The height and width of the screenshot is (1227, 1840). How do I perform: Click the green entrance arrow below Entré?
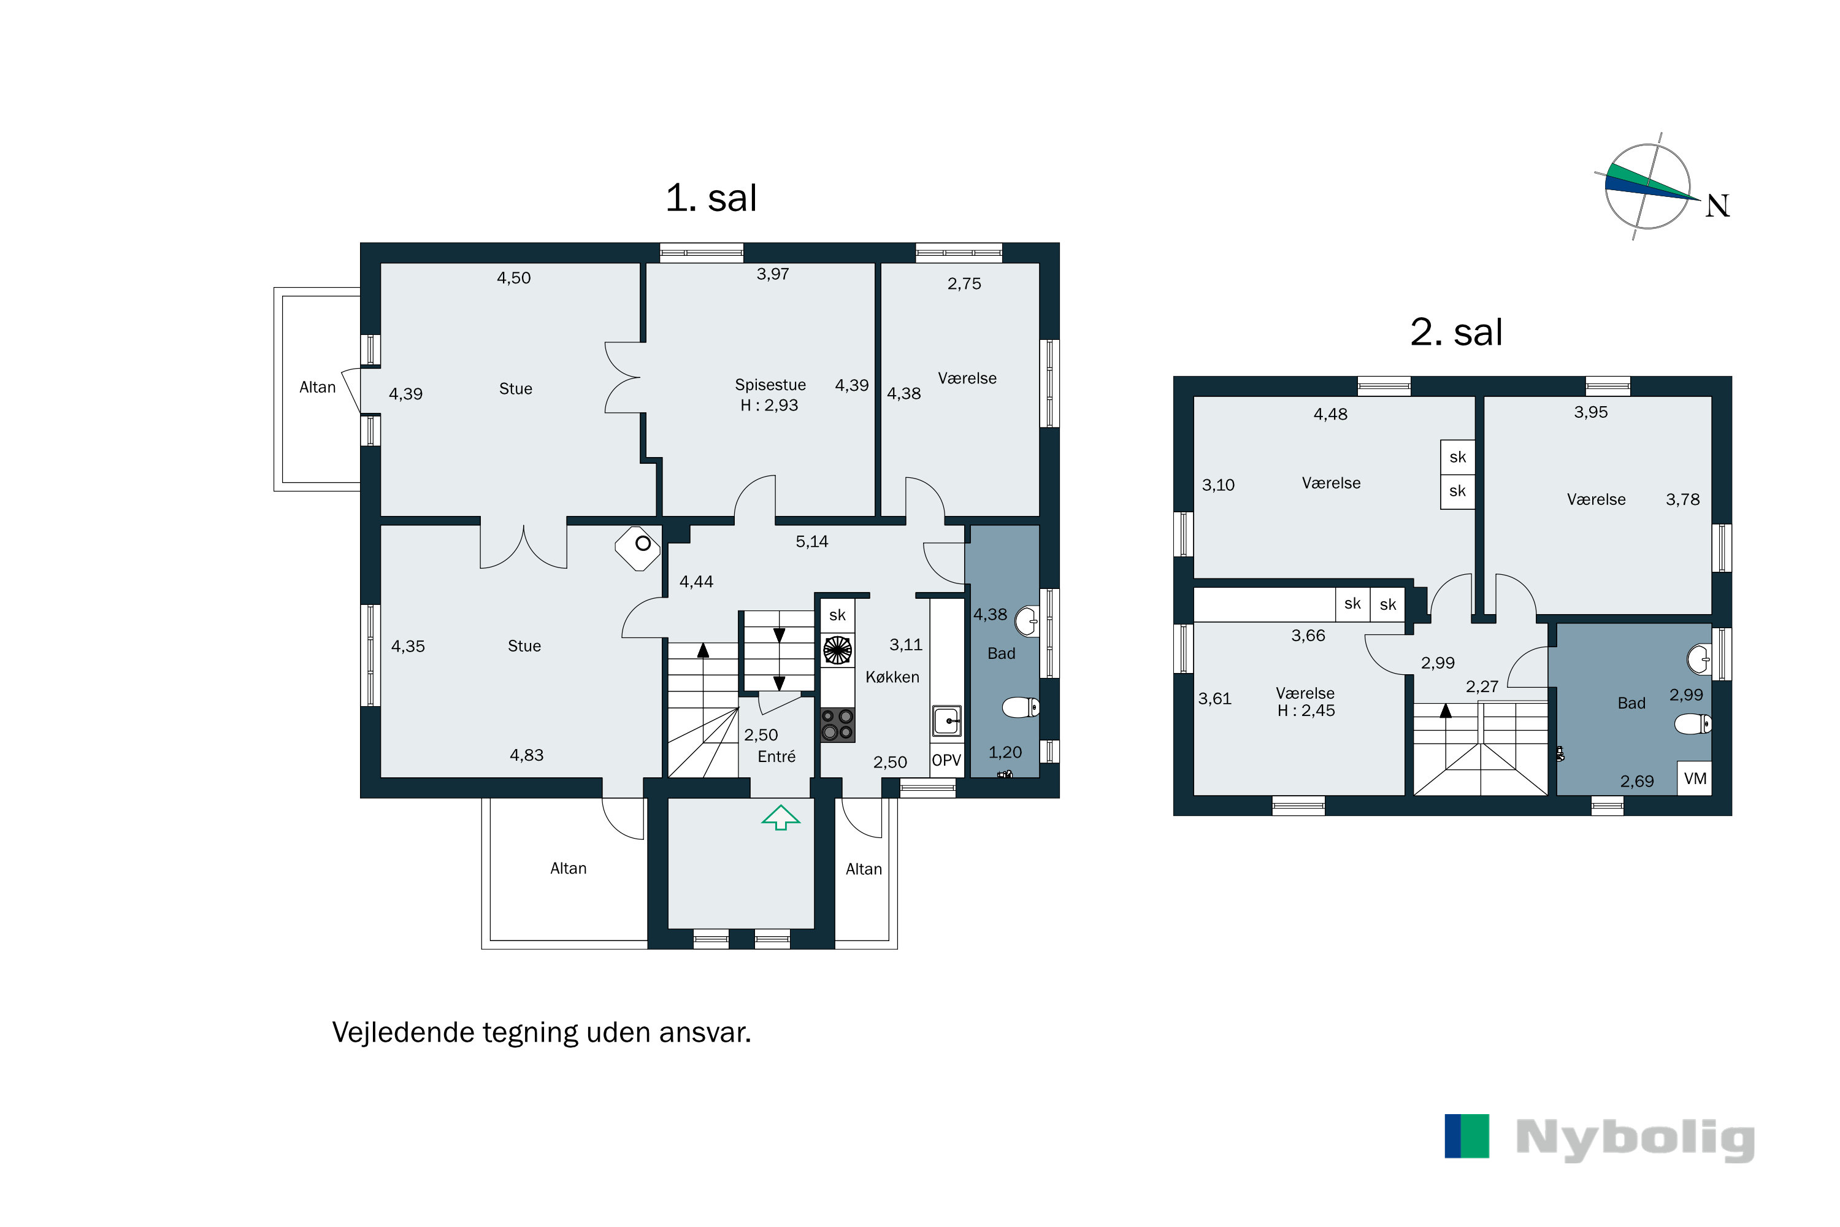coord(781,817)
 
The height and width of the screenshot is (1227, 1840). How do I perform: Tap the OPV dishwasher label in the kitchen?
coord(946,760)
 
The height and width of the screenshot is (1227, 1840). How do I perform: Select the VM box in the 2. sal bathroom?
coord(1695,778)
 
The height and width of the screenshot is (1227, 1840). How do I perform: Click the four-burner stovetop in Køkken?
coord(837,725)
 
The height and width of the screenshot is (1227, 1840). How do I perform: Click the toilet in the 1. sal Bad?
coord(1021,707)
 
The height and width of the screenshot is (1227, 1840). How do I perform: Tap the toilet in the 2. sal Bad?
coord(1692,724)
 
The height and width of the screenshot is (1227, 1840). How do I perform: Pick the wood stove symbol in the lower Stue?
coord(638,547)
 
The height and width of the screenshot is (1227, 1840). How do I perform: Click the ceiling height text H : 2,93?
coord(769,406)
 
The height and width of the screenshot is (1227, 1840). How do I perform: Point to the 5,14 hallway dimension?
coord(811,542)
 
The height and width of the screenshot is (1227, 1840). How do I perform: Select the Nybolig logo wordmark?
coord(1635,1138)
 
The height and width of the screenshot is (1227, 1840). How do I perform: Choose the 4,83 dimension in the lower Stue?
coord(526,755)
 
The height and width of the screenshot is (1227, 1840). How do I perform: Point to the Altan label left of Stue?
coord(317,387)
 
